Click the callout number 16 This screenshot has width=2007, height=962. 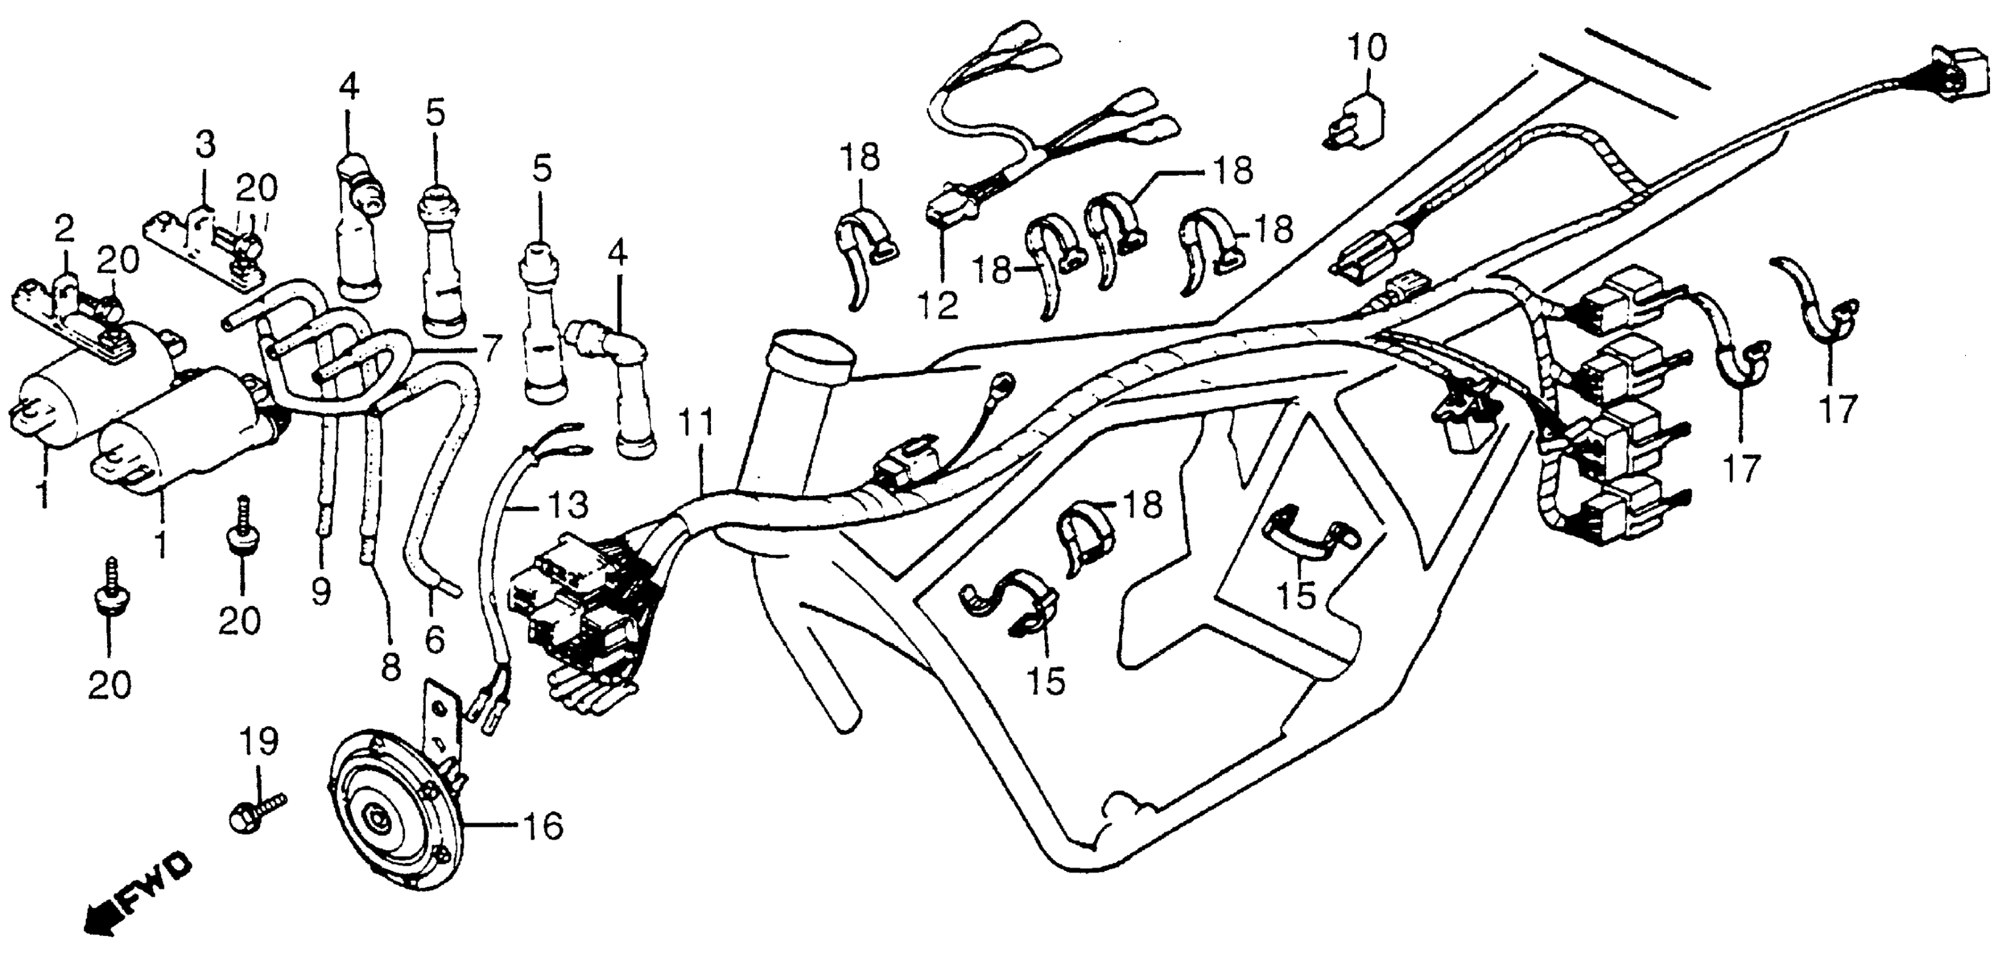tap(542, 826)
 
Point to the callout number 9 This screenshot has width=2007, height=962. tap(320, 594)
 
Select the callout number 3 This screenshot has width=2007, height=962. tap(204, 145)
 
